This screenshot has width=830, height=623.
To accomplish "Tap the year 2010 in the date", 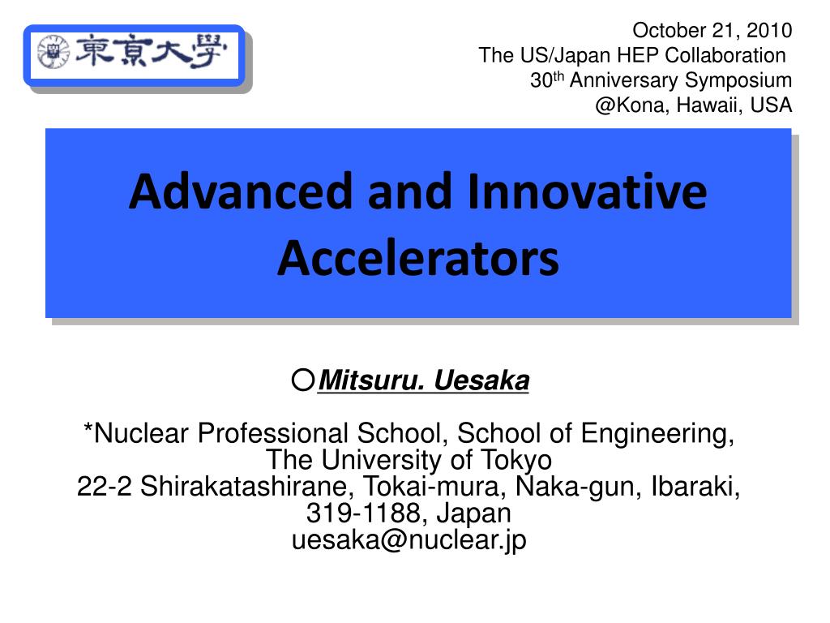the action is pos(769,30).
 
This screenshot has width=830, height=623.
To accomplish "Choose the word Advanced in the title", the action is pos(241,191).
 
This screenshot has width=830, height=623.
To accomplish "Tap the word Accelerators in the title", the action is pos(418,259).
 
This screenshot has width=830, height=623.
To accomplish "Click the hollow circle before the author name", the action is pos(303,380).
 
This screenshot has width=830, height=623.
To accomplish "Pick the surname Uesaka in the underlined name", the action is pos(481,380).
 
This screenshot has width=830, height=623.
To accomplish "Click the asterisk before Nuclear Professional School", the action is pos(88,428).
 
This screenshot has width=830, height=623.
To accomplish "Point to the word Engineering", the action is pos(657,434).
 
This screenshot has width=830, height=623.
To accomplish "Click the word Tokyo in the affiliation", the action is pos(516,461).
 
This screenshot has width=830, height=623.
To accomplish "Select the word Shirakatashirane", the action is pos(246,487).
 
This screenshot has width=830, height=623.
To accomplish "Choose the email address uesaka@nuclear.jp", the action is pos(409,539).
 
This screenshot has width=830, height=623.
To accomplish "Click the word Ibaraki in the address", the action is pos(695,487).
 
